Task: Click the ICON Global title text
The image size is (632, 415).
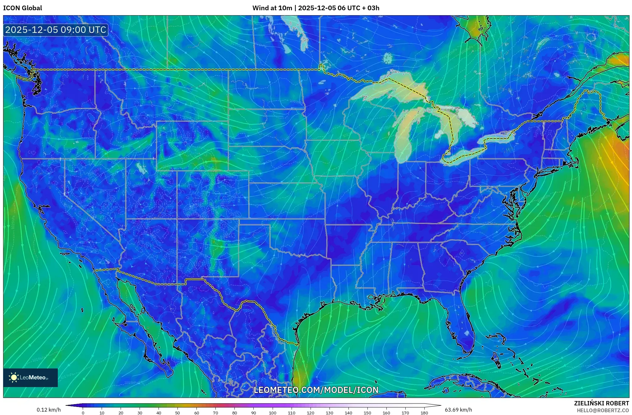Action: [x=22, y=8]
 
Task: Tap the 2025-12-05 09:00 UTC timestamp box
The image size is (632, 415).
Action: [x=56, y=30]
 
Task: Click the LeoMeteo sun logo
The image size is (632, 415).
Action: [x=14, y=377]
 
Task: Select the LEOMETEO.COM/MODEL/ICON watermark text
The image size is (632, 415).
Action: [x=316, y=390]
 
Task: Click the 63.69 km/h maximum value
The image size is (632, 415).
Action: [x=458, y=410]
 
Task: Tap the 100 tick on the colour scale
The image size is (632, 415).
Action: [x=272, y=413]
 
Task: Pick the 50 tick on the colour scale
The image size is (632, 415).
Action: [x=178, y=413]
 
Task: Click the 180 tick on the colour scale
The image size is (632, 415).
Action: [x=424, y=413]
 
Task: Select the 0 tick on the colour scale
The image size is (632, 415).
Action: [x=83, y=413]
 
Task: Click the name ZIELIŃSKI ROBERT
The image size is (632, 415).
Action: [x=601, y=403]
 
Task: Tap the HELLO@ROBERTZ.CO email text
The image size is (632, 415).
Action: [x=603, y=410]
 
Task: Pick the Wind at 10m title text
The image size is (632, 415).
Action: [x=316, y=8]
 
